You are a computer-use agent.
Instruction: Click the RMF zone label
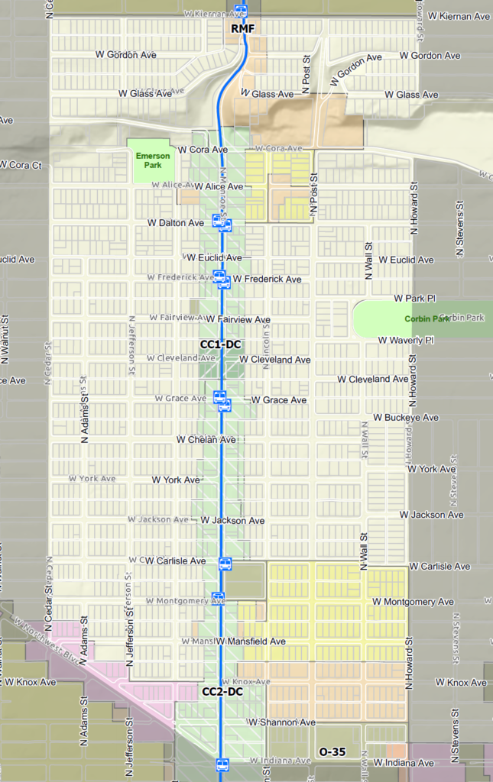(242, 28)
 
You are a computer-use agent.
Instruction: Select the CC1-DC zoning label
(221, 344)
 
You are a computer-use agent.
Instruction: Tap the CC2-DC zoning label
(222, 692)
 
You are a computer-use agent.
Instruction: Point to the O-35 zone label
(332, 752)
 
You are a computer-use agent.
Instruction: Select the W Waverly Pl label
(406, 340)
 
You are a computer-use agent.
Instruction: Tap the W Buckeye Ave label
(406, 418)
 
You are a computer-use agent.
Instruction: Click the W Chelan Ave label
(206, 440)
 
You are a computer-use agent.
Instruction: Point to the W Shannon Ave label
(281, 722)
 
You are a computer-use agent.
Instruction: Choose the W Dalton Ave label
(176, 223)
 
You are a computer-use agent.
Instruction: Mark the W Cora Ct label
(21, 165)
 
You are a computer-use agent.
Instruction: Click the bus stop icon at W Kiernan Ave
(241, 11)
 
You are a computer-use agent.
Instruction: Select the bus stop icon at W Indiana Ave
(222, 764)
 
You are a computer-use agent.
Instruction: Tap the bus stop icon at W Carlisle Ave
(225, 564)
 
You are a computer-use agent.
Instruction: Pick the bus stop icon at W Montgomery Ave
(219, 598)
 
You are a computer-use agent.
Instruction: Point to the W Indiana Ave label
(405, 764)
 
